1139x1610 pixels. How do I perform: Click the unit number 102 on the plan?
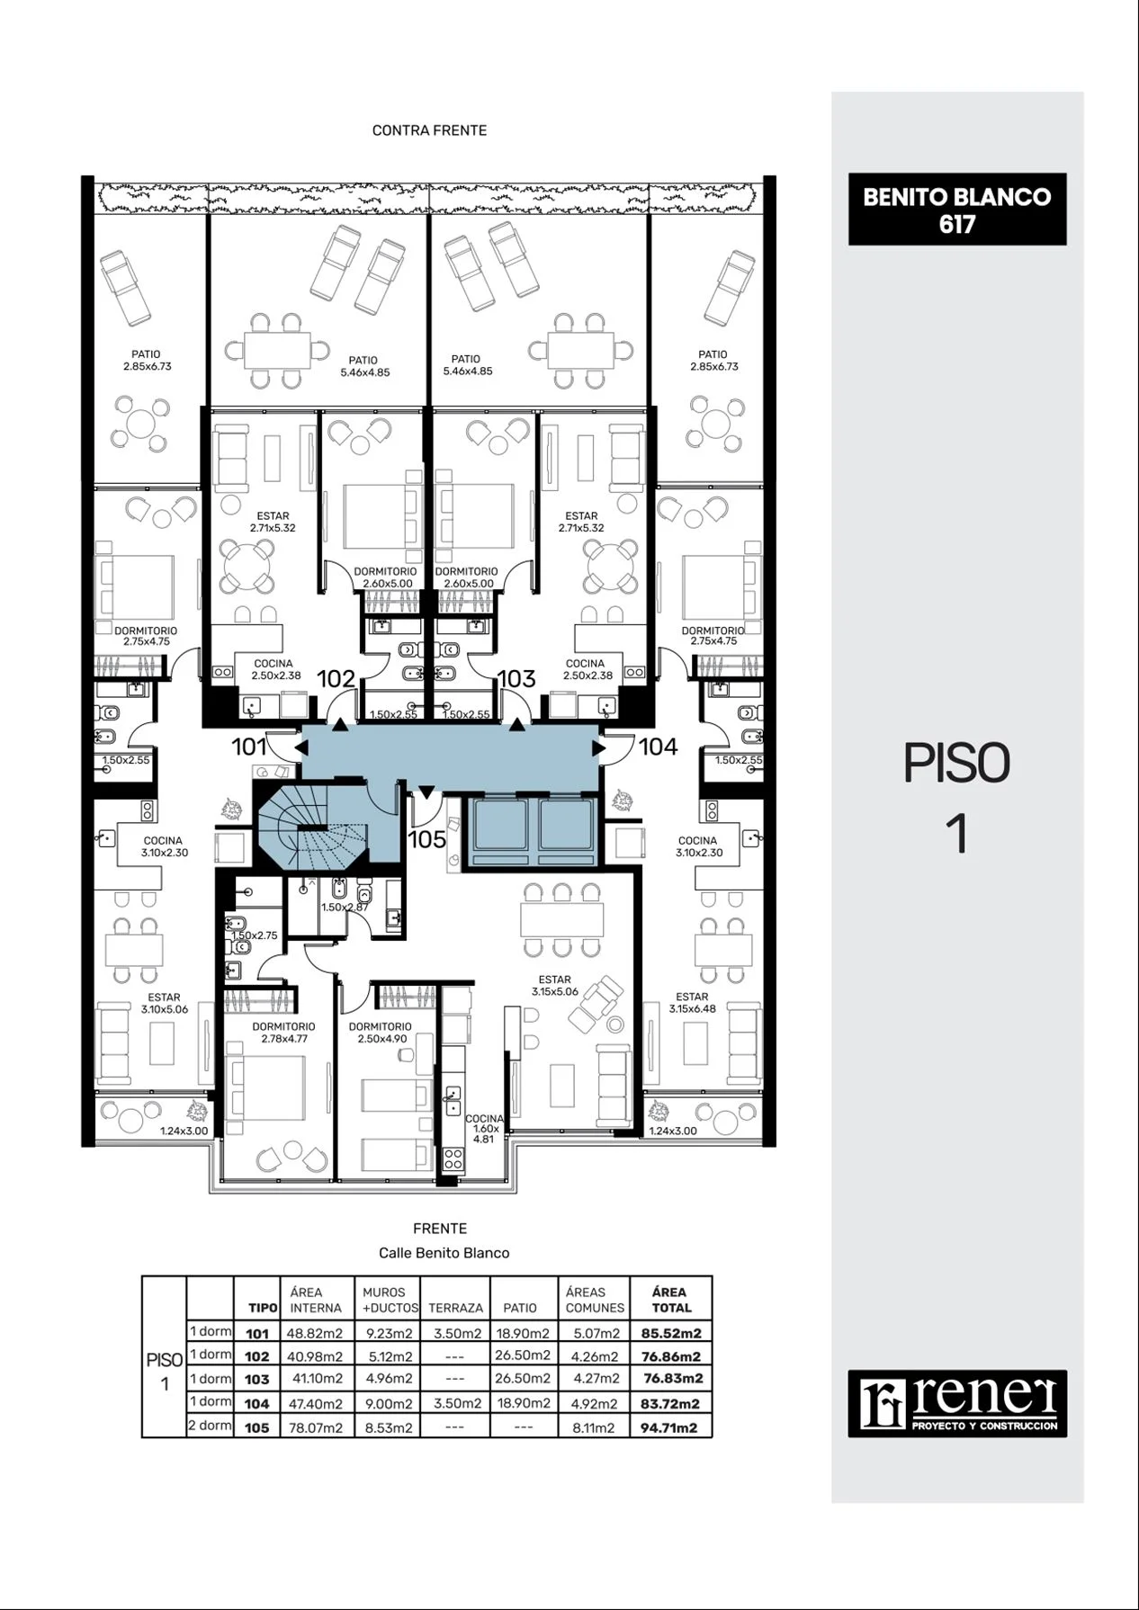click(x=336, y=679)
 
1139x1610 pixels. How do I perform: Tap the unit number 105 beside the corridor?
click(x=427, y=839)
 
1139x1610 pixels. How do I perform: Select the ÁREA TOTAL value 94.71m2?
click(x=669, y=1427)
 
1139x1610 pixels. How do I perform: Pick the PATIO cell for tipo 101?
click(x=522, y=1333)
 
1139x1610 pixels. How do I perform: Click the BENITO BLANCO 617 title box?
click(x=957, y=210)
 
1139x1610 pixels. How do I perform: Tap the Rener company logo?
click(x=957, y=1403)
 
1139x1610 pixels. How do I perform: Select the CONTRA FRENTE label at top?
click(x=429, y=130)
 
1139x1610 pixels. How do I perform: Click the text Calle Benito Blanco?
click(x=444, y=1253)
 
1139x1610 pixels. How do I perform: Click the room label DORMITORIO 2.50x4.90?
click(x=380, y=1033)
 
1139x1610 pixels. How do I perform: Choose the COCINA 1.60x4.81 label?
click(x=484, y=1129)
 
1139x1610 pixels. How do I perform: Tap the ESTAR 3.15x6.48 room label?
click(x=692, y=1003)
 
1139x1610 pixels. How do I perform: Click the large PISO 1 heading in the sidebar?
click(x=957, y=798)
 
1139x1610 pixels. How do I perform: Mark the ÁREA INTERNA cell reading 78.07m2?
click(x=315, y=1427)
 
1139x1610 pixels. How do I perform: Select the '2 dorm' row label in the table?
click(x=210, y=1426)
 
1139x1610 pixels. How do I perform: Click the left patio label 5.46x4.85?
click(x=364, y=366)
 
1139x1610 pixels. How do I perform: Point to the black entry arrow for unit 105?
click(x=427, y=792)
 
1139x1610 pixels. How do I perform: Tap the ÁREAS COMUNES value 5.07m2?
click(x=595, y=1333)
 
